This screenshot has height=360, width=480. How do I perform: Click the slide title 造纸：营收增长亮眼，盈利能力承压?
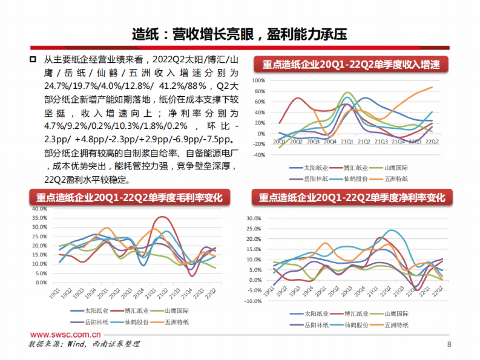240,34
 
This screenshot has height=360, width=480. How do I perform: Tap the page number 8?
449,344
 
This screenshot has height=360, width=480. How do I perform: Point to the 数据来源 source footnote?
84,344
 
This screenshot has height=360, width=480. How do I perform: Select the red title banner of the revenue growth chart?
351,64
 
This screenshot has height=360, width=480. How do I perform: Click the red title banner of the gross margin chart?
129,198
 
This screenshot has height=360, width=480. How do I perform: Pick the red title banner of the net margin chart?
352,198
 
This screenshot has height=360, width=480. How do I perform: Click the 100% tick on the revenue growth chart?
259,80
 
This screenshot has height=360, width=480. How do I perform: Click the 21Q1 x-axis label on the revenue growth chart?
346,142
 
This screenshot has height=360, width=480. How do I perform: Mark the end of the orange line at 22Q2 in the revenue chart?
432,87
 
